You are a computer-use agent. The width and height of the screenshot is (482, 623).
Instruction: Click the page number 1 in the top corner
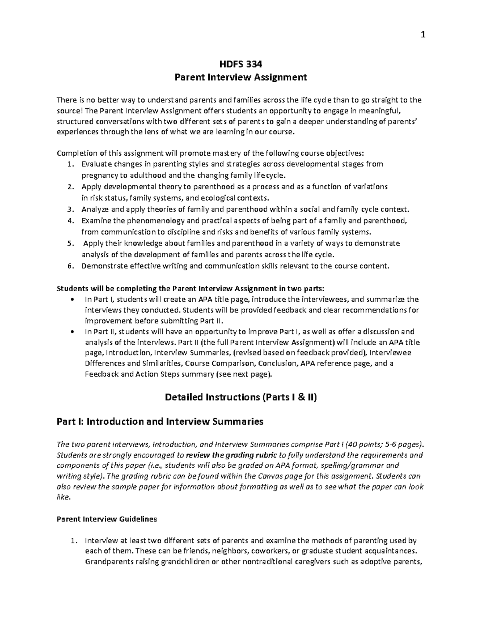point(422,35)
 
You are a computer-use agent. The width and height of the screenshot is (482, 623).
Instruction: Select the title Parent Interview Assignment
point(241,77)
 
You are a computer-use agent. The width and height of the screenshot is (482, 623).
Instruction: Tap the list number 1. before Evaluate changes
point(71,164)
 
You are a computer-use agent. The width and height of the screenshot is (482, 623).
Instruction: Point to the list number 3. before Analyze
point(71,209)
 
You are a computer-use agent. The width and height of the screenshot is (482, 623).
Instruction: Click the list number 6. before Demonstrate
point(71,266)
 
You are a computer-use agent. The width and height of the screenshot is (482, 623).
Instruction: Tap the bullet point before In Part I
point(72,300)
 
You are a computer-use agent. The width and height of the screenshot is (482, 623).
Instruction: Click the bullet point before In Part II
point(72,332)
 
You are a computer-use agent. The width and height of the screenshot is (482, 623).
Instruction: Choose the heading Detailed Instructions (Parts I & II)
point(241,398)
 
